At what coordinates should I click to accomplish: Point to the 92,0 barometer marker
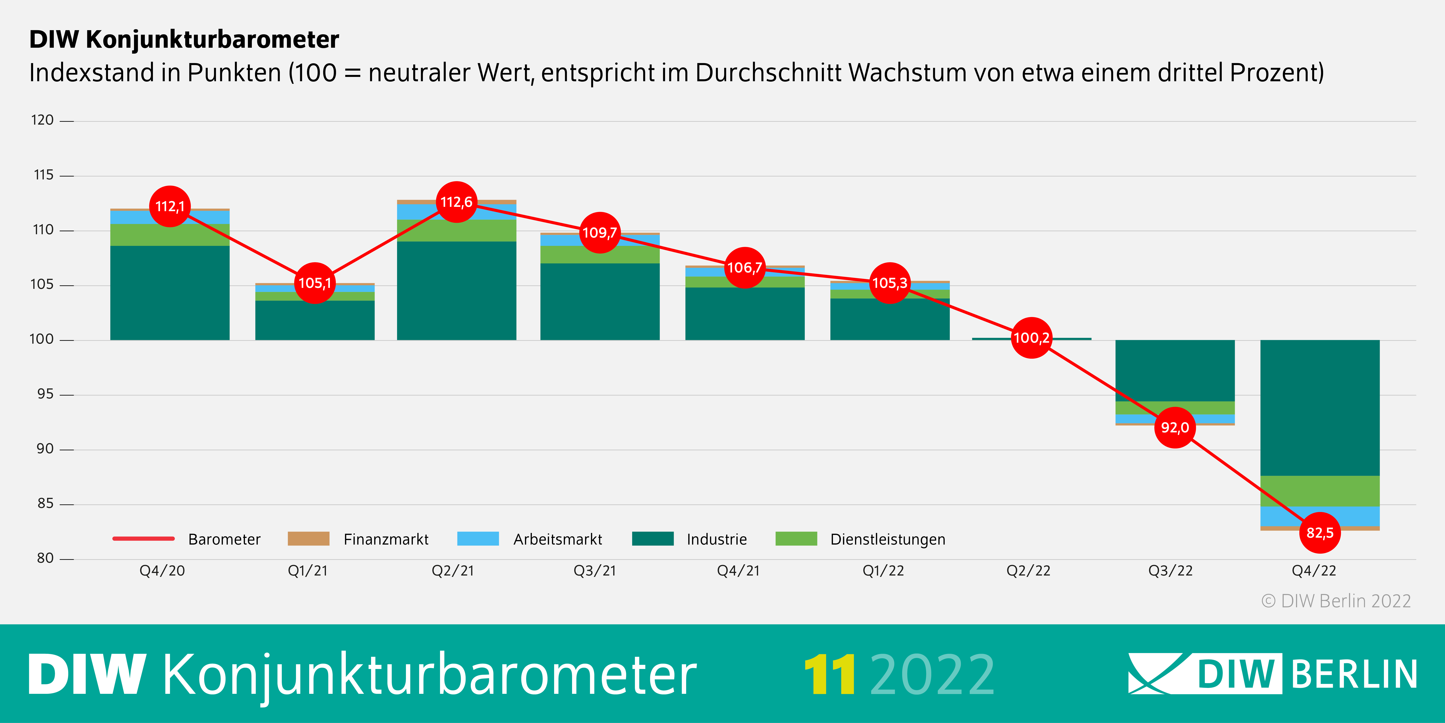coord(1175,428)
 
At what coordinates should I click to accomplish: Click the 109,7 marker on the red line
coord(600,232)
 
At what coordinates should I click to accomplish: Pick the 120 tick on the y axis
coord(43,120)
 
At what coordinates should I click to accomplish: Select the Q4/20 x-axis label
coord(162,571)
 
